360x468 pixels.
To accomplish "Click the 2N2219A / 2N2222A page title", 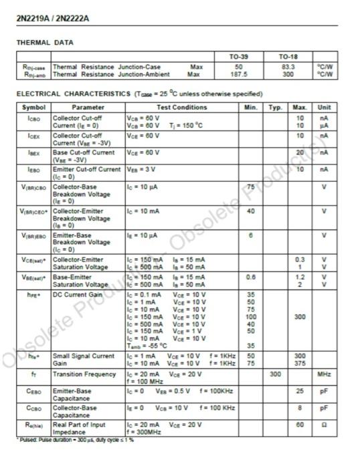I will click(52, 18).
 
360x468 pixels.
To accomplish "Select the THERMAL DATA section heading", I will click(45, 43).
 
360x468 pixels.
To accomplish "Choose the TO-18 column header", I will click(289, 57).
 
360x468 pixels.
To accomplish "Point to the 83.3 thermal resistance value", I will click(289, 67).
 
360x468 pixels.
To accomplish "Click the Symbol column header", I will click(33, 107).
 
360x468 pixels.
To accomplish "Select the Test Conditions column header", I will click(182, 107).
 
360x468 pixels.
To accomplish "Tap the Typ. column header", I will click(275, 107).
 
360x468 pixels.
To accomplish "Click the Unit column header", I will click(324, 107).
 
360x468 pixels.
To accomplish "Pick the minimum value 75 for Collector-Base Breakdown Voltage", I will click(251, 187).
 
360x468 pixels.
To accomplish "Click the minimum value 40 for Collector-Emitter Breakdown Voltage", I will click(251, 211).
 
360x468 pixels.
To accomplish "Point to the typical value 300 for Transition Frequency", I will click(275, 374).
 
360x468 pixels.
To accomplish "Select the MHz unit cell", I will click(324, 374).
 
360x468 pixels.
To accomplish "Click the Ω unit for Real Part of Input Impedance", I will click(324, 425).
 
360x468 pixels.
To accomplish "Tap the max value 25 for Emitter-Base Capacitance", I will click(300, 390).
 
